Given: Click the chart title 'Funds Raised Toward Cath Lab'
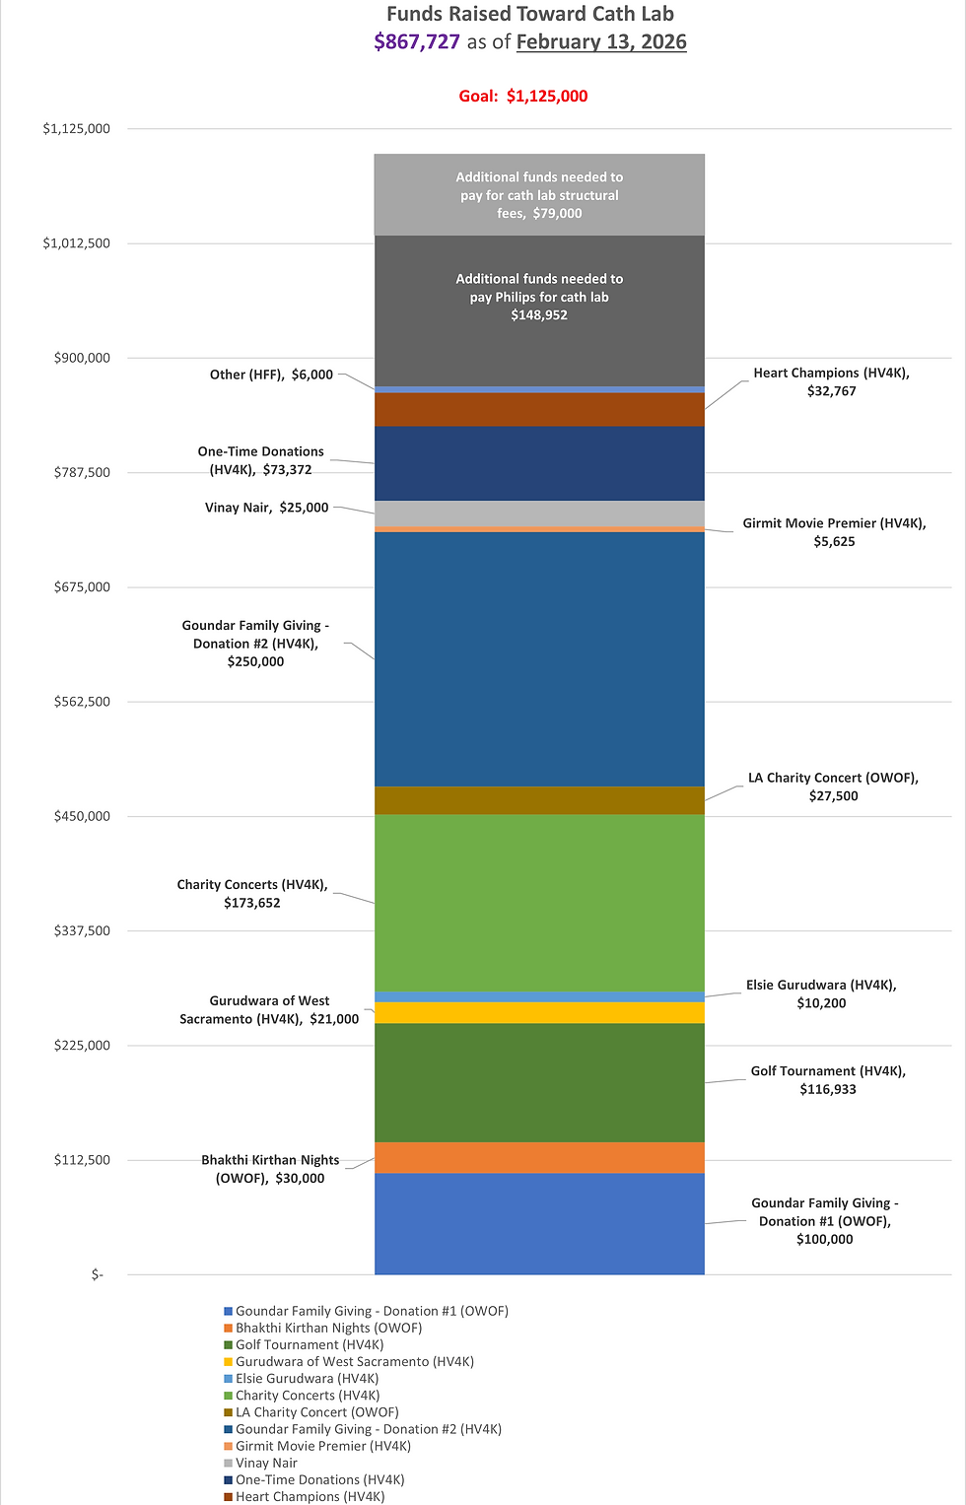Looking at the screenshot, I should [529, 14].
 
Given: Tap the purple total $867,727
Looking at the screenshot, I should [417, 41].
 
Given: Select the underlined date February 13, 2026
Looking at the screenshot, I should [601, 41].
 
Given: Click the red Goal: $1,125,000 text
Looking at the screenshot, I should [523, 96].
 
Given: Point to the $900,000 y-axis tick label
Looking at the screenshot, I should [82, 358].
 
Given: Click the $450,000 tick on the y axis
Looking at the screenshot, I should [82, 816].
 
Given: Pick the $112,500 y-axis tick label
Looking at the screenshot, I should [82, 1160].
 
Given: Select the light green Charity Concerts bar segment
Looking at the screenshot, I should [539, 902].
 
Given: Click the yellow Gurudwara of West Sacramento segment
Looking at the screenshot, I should [539, 1013].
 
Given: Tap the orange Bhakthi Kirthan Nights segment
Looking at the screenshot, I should [539, 1157].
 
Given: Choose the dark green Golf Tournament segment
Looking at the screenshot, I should [539, 1082].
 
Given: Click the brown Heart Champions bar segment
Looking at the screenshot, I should [539, 409].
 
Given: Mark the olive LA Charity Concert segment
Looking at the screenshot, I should [539, 800].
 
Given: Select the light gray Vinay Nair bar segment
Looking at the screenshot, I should [539, 513].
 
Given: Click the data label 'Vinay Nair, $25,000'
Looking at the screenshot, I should [266, 508].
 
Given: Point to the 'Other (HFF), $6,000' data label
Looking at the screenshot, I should [271, 375].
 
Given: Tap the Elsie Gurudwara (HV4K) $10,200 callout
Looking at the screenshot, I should [821, 993].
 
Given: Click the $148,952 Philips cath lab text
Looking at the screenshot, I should [539, 315].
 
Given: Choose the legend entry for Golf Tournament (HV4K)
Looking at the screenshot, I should [310, 1344].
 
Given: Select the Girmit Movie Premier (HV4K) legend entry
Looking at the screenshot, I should [323, 1446].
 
